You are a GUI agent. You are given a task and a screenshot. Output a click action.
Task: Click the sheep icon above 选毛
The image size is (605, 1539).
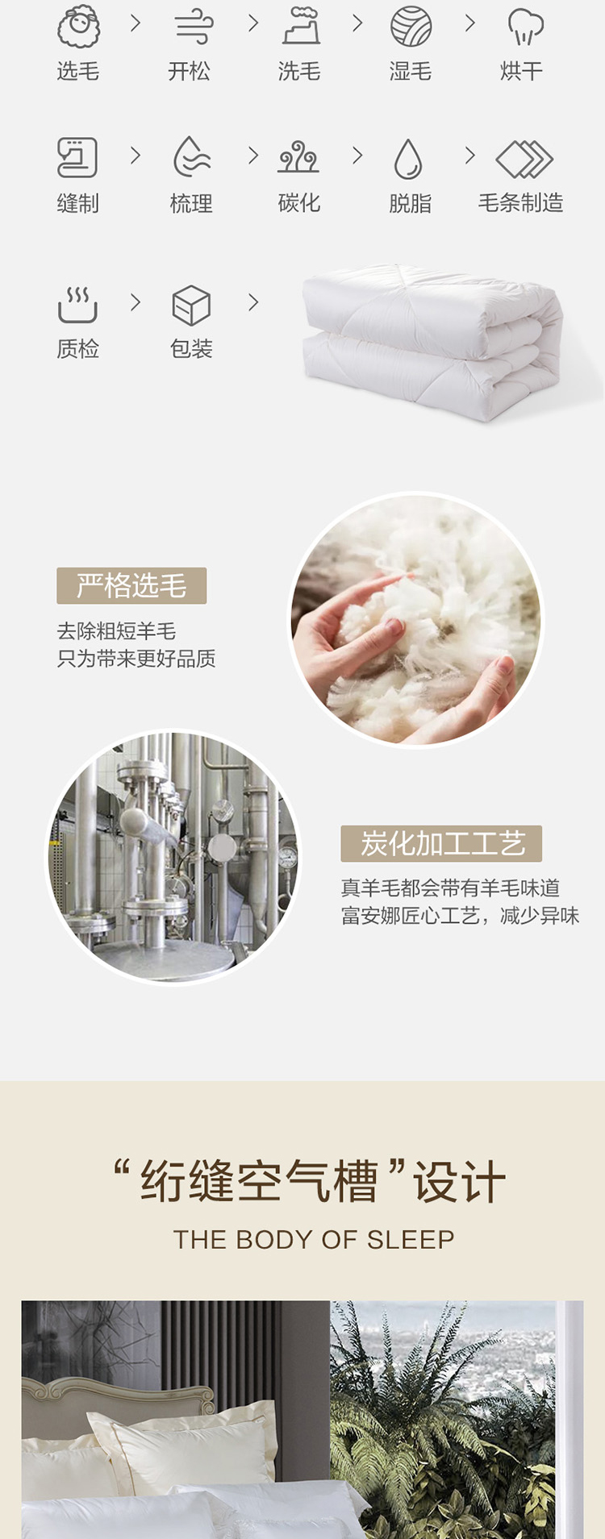78,27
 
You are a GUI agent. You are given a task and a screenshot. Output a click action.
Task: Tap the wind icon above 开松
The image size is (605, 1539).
193,27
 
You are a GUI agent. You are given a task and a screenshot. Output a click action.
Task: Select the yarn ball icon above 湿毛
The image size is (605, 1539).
411,27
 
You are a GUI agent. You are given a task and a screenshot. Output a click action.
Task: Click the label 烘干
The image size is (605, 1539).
521,72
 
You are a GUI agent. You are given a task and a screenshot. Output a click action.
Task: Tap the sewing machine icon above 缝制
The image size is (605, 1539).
77,157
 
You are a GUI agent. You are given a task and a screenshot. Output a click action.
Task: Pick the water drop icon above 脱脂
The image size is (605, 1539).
408,158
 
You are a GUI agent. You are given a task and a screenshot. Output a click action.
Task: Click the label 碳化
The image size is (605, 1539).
299,203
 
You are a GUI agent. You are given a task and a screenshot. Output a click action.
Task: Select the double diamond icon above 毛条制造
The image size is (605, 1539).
524,159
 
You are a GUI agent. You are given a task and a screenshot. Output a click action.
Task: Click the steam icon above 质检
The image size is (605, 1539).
77,305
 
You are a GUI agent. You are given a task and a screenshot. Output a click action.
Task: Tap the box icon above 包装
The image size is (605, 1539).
191,306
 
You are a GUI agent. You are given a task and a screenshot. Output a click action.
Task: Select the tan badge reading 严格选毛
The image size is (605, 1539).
131,585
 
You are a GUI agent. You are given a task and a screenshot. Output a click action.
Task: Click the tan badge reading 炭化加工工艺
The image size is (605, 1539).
441,843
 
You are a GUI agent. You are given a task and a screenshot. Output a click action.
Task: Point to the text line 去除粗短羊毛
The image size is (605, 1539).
116,631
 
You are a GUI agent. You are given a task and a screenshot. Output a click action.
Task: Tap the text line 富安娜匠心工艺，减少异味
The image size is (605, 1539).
460,916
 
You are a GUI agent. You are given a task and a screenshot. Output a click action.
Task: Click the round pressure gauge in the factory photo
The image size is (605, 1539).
286,856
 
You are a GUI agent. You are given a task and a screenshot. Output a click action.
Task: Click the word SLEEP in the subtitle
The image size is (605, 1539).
411,1239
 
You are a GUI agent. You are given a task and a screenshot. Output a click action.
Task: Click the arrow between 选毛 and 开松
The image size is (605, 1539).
136,24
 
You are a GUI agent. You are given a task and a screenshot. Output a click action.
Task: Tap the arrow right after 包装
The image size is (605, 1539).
253,302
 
